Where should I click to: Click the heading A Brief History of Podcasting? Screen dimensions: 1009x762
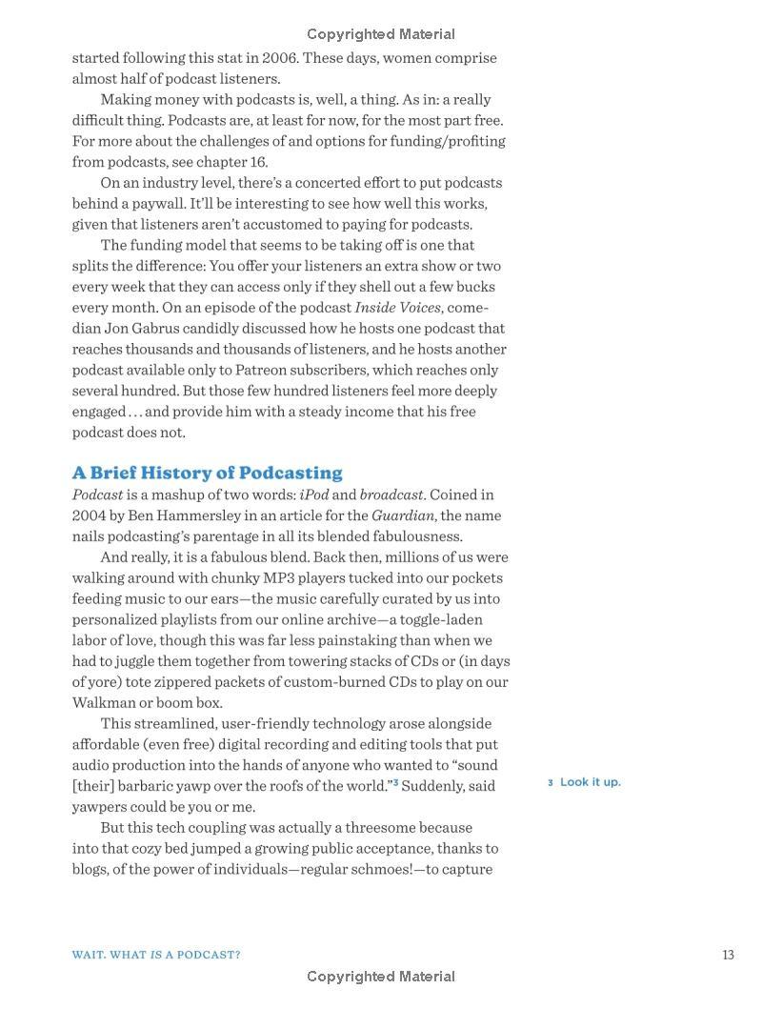(207, 473)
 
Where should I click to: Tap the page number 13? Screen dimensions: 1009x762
(728, 955)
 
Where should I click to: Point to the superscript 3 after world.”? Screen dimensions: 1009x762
(395, 783)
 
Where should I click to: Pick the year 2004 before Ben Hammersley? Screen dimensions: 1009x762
(89, 515)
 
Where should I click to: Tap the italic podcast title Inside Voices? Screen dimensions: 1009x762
(397, 307)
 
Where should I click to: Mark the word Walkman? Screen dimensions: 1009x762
(102, 702)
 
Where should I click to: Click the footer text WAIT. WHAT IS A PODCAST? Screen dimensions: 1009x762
(156, 955)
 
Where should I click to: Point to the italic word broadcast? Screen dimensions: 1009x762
(391, 494)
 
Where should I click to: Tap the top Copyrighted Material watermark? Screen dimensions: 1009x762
(380, 34)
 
